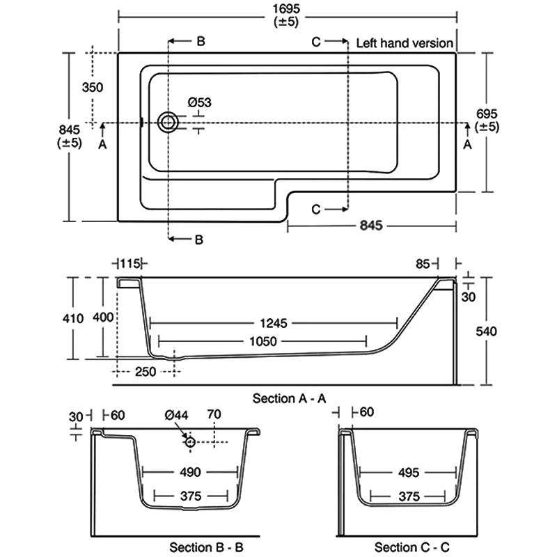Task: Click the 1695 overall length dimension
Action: tap(287, 8)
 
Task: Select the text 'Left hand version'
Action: tap(405, 43)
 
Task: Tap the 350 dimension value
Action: tap(92, 87)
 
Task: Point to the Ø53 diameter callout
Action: tap(199, 102)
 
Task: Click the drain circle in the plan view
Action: tap(167, 123)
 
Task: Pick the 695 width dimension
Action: tap(487, 113)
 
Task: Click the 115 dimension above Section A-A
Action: tap(130, 263)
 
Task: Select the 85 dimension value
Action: tap(422, 263)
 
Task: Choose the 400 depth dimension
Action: tap(103, 318)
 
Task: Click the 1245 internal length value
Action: tap(273, 323)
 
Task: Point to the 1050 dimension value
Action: tap(262, 340)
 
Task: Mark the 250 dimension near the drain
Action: tap(145, 372)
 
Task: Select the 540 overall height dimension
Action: tap(486, 331)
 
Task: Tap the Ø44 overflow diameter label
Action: tap(177, 416)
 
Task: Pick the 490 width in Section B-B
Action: tap(190, 472)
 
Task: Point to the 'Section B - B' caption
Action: tap(206, 547)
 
